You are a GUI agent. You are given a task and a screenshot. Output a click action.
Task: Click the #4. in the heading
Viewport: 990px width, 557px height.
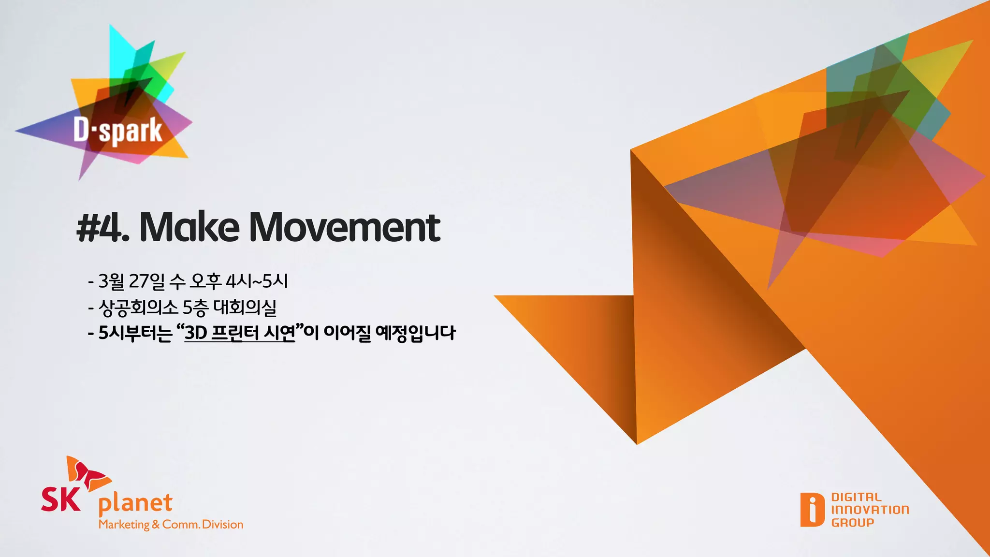tap(103, 227)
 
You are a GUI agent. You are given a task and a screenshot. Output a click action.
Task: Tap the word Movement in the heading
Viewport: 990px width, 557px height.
tap(344, 227)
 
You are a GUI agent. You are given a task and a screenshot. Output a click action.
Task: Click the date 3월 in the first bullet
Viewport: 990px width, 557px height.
tap(111, 281)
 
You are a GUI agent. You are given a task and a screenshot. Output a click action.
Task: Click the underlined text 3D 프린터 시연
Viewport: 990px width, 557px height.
tap(240, 333)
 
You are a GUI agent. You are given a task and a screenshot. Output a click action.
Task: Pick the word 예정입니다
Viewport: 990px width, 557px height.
tap(415, 333)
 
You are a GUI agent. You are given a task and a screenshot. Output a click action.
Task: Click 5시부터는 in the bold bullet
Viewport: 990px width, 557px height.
tap(135, 333)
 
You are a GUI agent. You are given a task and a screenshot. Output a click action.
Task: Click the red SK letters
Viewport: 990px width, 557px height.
tap(60, 499)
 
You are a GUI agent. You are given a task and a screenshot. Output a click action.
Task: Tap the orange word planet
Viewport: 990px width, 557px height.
tap(135, 504)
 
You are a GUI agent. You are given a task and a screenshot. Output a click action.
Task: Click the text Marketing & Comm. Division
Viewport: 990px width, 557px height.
tap(171, 525)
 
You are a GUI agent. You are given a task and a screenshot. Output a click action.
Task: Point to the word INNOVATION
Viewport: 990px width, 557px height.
tap(870, 510)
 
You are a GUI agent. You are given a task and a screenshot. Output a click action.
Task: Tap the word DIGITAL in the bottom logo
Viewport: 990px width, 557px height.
tap(856, 497)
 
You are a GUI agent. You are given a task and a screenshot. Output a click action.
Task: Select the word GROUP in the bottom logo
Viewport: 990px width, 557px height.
tap(853, 523)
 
